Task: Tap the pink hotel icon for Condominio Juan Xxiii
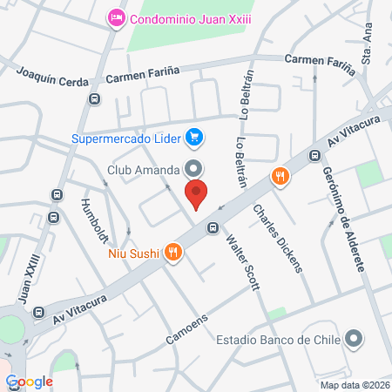[115, 17]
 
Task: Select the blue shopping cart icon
[195, 138]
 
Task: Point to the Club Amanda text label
[144, 168]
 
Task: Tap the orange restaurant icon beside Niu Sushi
[173, 253]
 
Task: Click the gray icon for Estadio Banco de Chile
[353, 338]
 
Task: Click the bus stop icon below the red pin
[212, 228]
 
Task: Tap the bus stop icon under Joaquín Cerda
[93, 99]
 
